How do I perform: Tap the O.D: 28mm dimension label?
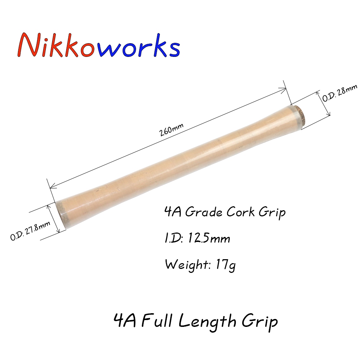[340, 93]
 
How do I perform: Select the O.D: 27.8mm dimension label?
[30, 230]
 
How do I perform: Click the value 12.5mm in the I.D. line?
[209, 238]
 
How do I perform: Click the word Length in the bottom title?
[207, 322]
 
